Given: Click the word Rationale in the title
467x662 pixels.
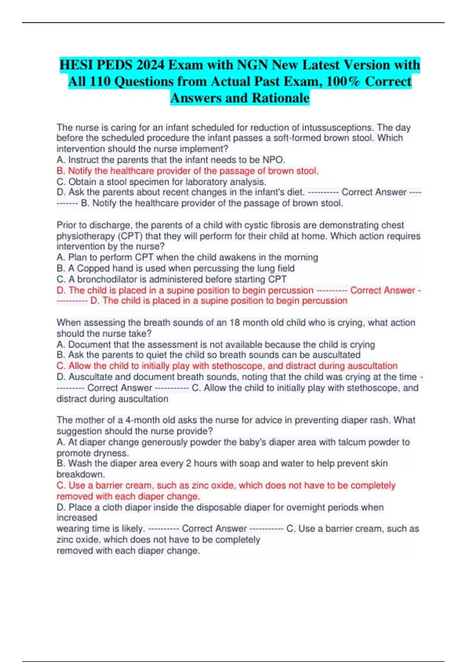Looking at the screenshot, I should tap(281, 98).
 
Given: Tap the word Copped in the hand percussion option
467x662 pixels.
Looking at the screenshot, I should tap(93, 268).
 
